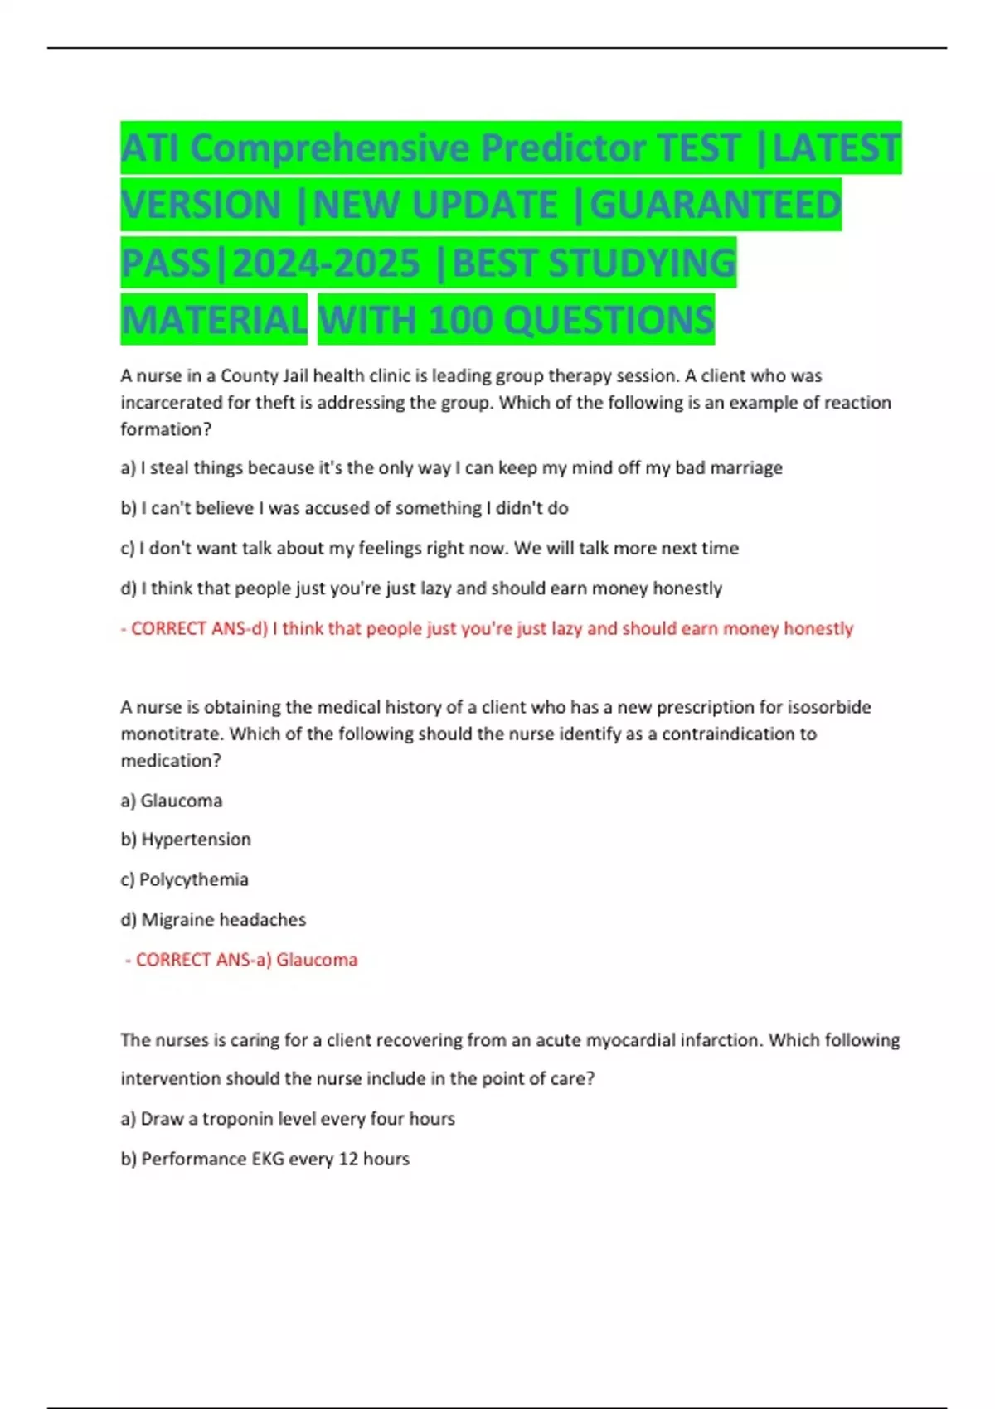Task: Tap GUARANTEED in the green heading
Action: [716, 205]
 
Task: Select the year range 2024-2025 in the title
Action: [326, 264]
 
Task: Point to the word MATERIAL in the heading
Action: [214, 320]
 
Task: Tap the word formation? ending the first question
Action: [166, 429]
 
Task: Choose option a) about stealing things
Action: [451, 468]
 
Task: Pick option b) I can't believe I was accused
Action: [344, 508]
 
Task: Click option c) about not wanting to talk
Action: [430, 549]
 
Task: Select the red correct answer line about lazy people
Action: [487, 629]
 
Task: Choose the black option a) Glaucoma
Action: [172, 801]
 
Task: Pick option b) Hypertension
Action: [186, 840]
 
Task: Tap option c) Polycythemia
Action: [184, 879]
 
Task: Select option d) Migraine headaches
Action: [213, 920]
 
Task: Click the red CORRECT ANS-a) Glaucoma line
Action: [241, 960]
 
